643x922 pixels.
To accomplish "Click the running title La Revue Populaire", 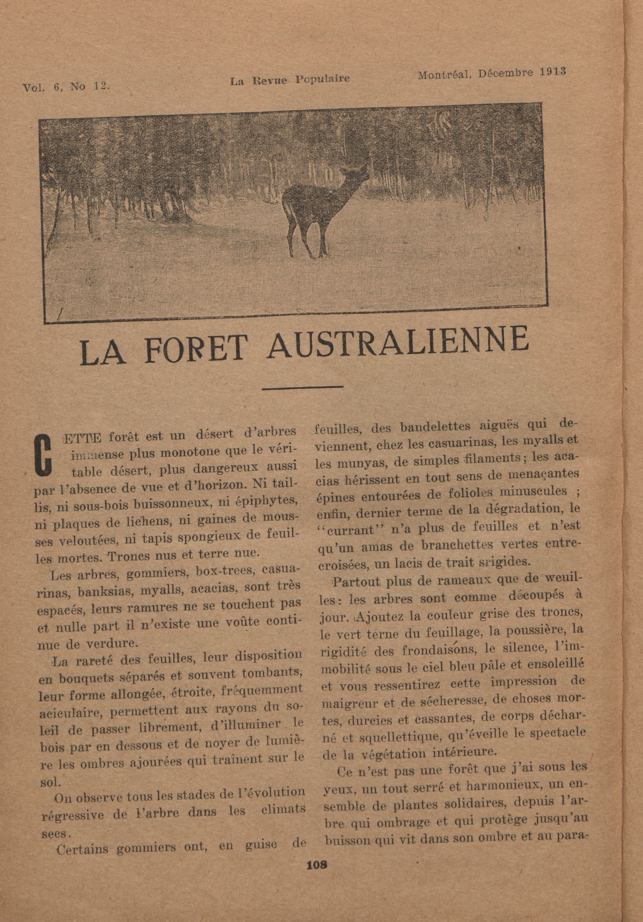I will [x=289, y=79].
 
